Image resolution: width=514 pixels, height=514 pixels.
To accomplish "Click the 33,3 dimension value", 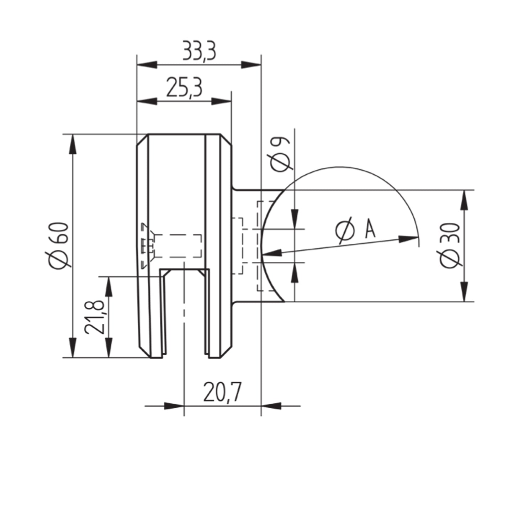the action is pyautogui.click(x=199, y=51).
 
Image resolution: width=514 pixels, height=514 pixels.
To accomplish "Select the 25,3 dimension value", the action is pyautogui.click(x=184, y=88).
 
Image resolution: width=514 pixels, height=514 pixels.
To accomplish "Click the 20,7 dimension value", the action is pyautogui.click(x=222, y=392).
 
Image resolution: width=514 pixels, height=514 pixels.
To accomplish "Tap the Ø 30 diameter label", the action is pyautogui.click(x=451, y=245).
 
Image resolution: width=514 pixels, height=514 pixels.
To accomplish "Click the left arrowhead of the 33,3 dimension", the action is pyautogui.click(x=147, y=65).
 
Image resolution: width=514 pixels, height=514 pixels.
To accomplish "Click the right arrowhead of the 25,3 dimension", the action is pyautogui.click(x=221, y=101).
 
